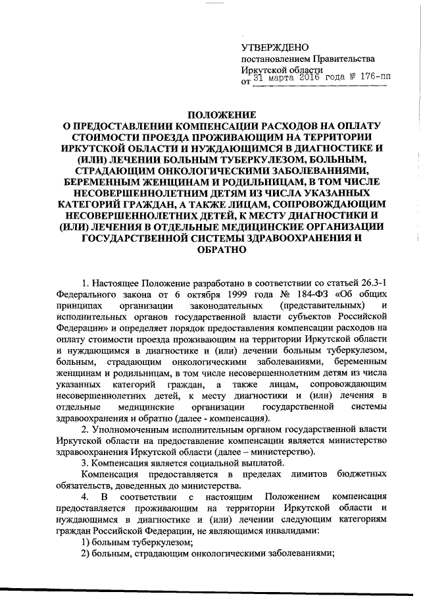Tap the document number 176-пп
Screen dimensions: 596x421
[x=370, y=78]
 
